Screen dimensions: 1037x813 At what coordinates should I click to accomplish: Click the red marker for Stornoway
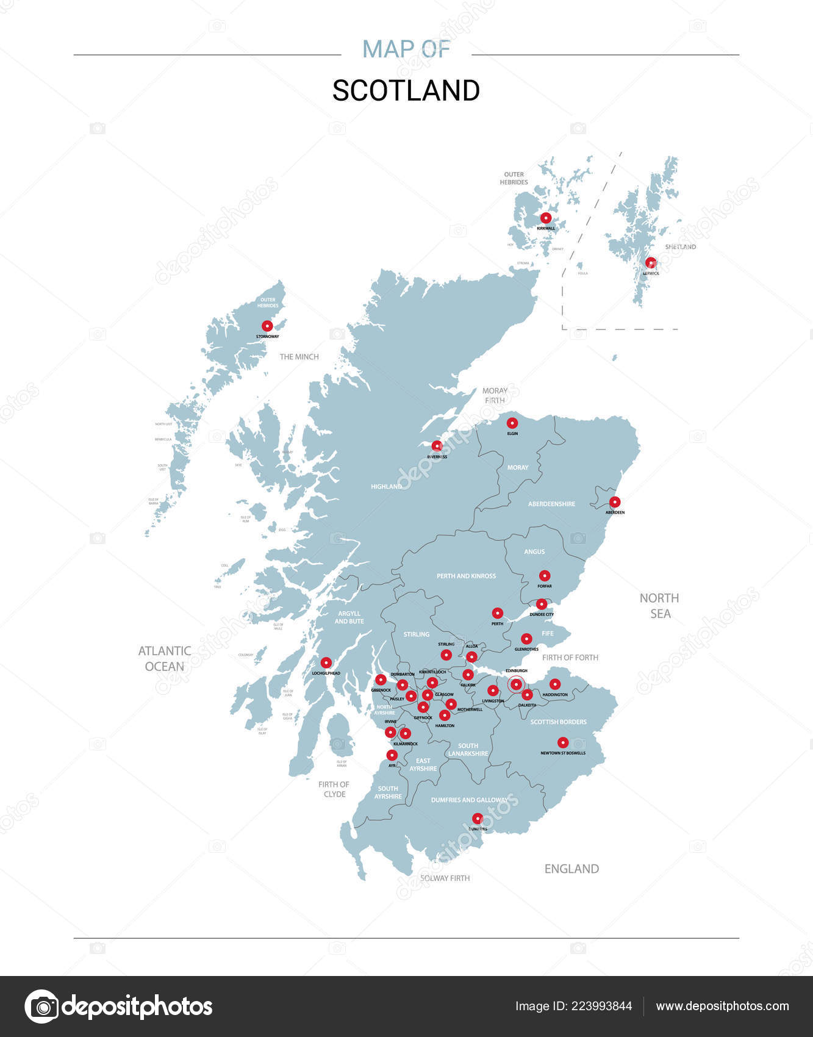267,326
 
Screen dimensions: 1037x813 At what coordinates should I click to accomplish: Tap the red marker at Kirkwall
546,218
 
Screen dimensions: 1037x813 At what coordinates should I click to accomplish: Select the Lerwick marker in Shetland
651,263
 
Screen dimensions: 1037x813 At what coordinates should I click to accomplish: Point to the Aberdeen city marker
615,502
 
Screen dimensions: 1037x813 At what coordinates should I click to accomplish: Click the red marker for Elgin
512,423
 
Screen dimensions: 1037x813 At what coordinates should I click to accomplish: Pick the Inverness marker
437,446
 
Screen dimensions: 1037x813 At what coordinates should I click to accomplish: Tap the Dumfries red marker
478,818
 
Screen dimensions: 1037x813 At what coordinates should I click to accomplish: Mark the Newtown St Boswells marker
563,742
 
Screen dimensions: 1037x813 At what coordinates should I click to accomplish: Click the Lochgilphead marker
326,662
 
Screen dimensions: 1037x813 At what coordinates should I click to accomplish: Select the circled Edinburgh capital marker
516,684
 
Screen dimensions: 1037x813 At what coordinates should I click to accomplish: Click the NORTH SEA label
659,606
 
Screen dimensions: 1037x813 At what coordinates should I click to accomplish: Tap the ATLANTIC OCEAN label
165,659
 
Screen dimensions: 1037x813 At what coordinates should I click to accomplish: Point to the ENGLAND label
571,869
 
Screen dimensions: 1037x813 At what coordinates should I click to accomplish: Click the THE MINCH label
299,357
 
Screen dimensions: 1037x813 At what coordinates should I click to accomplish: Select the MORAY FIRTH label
495,395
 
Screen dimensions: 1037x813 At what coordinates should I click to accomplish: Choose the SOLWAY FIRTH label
445,878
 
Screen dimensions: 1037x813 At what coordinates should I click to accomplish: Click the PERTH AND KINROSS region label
466,576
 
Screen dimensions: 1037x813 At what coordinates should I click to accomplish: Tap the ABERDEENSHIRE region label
551,504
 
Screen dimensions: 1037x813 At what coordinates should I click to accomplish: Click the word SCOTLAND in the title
406,91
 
